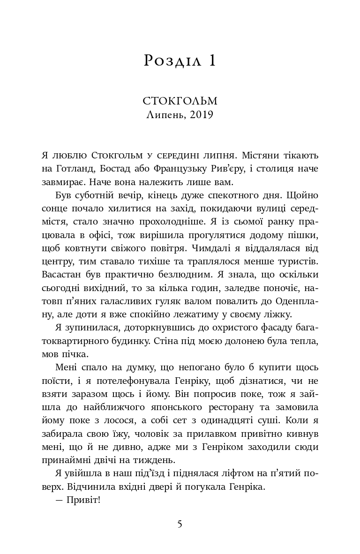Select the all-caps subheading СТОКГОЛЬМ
pyautogui.click(x=180, y=101)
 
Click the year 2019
pyautogui.click(x=202, y=114)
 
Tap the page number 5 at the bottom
pyautogui.click(x=180, y=524)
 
